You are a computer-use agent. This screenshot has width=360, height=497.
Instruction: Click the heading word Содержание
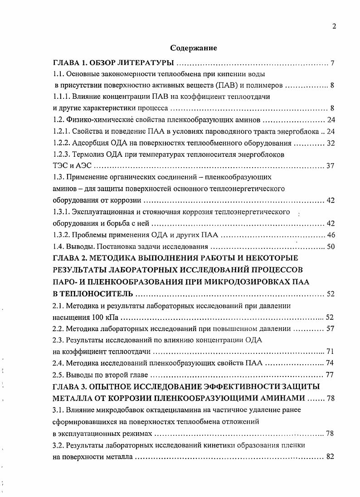(x=194, y=48)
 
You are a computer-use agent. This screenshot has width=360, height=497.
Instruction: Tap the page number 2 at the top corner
(x=334, y=26)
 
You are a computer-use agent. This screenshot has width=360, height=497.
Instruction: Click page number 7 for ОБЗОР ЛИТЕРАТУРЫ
(x=332, y=62)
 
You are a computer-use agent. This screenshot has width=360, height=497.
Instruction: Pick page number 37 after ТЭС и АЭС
(x=330, y=166)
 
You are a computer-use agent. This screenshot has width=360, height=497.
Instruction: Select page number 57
(x=330, y=328)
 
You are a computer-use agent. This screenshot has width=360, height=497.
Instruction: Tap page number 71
(x=330, y=352)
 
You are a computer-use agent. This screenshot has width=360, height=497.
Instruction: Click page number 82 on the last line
(x=330, y=457)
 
